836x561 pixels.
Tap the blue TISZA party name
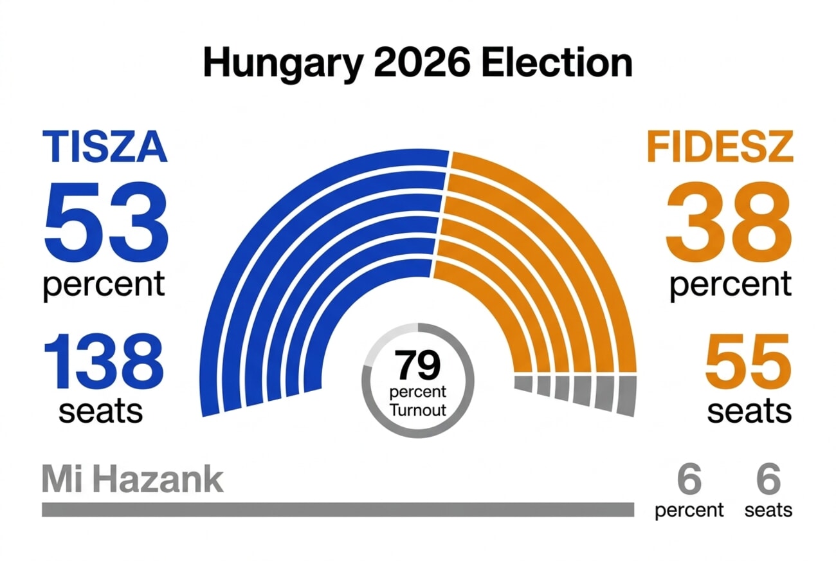tap(105, 147)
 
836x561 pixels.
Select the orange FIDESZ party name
tap(720, 147)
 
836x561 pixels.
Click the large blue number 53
tap(105, 221)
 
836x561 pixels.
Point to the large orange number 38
tap(729, 221)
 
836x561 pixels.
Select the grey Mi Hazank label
tap(132, 480)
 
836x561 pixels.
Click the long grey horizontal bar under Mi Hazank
tap(338, 510)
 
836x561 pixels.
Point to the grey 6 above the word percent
tap(689, 480)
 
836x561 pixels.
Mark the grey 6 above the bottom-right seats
tap(768, 480)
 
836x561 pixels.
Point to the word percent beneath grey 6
tap(689, 511)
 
